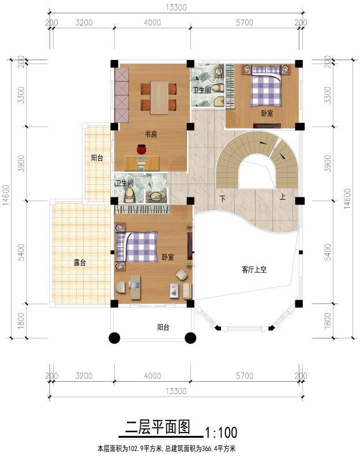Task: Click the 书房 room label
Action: (151, 134)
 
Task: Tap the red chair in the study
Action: (142, 150)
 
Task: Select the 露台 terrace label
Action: (80, 262)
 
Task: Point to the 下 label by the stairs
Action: (222, 198)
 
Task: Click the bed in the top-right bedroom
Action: (266, 86)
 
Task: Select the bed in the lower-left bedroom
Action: (137, 247)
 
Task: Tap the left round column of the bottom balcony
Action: (114, 338)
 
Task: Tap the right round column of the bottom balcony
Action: (190, 338)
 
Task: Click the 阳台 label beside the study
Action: (96, 158)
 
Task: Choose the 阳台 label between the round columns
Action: (163, 327)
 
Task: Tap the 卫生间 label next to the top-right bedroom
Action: (202, 90)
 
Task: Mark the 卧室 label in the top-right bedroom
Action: (267, 114)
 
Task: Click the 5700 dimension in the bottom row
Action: (245, 376)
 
